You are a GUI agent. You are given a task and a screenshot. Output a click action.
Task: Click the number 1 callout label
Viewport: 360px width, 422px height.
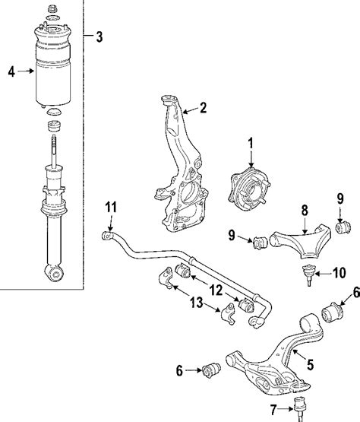pos(251,141)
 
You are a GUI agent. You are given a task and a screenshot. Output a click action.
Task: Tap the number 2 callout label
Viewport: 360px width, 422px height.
pos(203,108)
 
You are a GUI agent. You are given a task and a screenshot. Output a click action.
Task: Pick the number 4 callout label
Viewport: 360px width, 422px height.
pos(11,73)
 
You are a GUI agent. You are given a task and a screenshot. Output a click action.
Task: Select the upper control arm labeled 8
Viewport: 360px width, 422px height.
pos(304,230)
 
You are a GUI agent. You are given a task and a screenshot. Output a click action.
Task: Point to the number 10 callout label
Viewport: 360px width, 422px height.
pos(339,272)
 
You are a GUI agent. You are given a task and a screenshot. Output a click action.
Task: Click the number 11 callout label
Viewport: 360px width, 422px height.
pos(110,207)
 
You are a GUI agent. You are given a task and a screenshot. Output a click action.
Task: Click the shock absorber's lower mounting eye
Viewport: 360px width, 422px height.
pos(52,271)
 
